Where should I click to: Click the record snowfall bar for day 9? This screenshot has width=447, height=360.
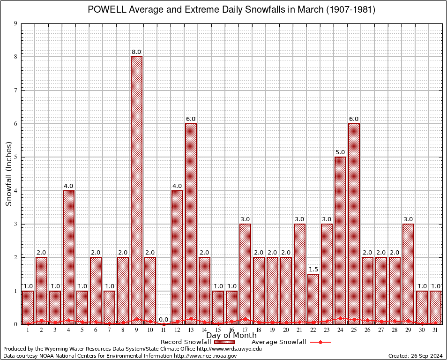(x=136, y=187)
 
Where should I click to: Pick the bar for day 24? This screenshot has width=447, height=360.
(x=340, y=239)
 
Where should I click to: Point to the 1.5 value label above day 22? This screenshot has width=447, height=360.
(x=313, y=270)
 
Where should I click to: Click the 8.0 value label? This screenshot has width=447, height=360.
(x=136, y=52)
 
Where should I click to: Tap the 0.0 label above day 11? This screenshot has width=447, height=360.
(x=164, y=320)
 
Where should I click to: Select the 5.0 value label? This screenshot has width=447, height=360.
(x=340, y=152)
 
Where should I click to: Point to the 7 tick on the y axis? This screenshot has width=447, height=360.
(x=15, y=90)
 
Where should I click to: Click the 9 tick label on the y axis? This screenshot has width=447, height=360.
(x=15, y=23)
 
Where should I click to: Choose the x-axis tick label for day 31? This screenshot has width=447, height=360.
(x=435, y=330)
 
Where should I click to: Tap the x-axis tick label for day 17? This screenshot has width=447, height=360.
(x=245, y=330)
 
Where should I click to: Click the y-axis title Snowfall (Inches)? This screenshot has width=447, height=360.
(x=8, y=173)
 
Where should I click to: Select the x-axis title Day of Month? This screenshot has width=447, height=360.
(x=231, y=336)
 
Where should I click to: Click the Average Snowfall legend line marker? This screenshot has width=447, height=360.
(x=320, y=342)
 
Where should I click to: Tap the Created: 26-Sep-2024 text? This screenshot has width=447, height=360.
(x=415, y=356)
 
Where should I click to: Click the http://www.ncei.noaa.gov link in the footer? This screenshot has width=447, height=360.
(x=205, y=356)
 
